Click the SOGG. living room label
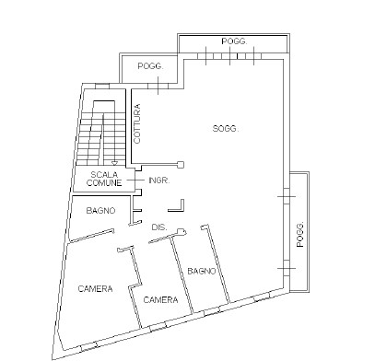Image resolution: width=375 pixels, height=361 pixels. pyautogui.click(x=225, y=129)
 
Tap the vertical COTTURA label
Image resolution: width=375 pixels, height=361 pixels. pyautogui.click(x=137, y=123)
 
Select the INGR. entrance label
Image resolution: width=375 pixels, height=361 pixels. pyautogui.click(x=158, y=180)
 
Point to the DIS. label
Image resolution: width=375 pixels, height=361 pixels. pyautogui.click(x=159, y=227)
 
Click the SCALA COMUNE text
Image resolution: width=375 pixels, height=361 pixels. pyautogui.click(x=104, y=179)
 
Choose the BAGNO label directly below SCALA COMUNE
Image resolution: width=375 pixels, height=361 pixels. pyautogui.click(x=100, y=211)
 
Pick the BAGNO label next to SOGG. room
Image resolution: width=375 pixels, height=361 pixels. pyautogui.click(x=202, y=271)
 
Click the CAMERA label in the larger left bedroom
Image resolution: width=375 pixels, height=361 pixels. pyautogui.click(x=95, y=289)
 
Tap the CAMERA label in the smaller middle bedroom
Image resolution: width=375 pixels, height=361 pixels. pyautogui.click(x=160, y=299)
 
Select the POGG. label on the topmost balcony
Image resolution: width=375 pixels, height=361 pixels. pyautogui.click(x=234, y=41)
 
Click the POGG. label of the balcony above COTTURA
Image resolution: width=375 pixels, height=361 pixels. pyautogui.click(x=150, y=66)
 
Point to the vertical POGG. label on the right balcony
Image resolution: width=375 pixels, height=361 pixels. pyautogui.click(x=300, y=234)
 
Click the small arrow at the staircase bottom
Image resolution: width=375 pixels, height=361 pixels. pyautogui.click(x=114, y=163)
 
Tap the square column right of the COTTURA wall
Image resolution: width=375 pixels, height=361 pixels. pyautogui.click(x=181, y=165)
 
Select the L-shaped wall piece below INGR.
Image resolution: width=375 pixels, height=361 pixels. pyautogui.click(x=177, y=205)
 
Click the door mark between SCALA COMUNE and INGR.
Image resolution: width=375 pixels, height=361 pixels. pyautogui.click(x=135, y=180)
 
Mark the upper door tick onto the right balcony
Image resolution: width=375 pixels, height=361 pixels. pyautogui.click(x=287, y=196)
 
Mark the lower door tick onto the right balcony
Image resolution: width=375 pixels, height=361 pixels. pyautogui.click(x=287, y=268)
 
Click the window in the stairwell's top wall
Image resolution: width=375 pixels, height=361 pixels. pyautogui.click(x=102, y=87)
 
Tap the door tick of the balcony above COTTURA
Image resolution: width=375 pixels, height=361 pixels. pyautogui.click(x=158, y=86)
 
